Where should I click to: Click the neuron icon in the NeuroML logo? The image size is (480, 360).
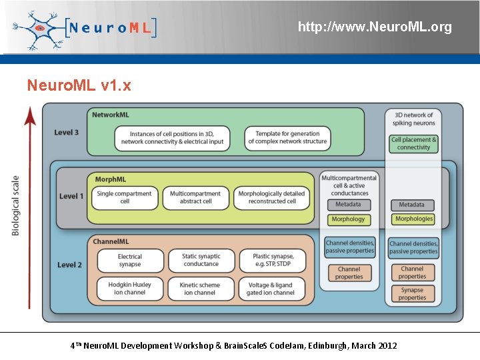point(39,28)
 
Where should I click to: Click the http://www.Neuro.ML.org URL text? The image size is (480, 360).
point(375,27)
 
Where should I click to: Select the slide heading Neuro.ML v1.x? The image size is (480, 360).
point(79,85)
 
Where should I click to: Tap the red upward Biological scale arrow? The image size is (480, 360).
point(30,207)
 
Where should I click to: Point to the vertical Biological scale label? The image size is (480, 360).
point(16,205)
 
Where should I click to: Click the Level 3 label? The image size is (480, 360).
point(67,132)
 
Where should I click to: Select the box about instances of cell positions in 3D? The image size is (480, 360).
point(172,138)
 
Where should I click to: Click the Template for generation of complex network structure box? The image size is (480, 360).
point(287,137)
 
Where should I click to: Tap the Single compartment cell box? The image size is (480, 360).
point(125,197)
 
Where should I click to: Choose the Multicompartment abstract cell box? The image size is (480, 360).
point(195,197)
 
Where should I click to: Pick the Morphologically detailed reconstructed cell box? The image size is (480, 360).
point(271,197)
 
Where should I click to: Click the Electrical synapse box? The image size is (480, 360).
point(130,260)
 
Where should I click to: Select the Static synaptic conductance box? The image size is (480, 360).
point(201,260)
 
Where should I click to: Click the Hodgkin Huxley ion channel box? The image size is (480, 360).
point(130,288)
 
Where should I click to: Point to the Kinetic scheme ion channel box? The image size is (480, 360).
point(200,288)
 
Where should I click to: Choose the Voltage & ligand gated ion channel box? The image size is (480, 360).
point(271,288)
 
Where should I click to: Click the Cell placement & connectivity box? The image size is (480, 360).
point(414,144)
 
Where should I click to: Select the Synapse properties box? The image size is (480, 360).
point(413,294)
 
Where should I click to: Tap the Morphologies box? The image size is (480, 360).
point(413,219)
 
